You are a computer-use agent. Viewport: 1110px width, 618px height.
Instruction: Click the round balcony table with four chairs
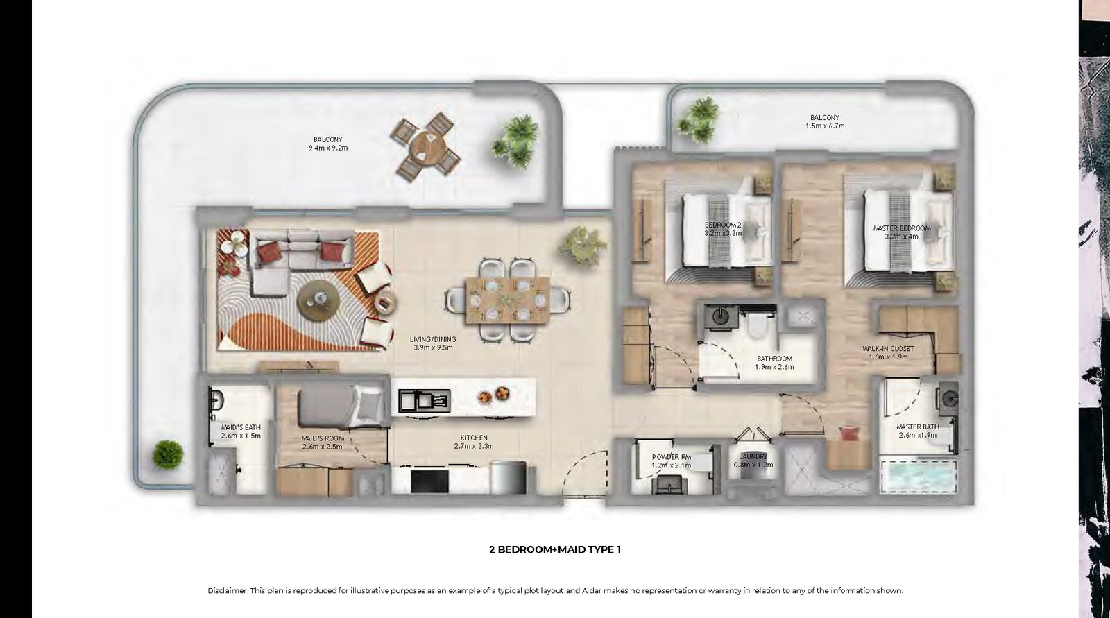[x=426, y=146]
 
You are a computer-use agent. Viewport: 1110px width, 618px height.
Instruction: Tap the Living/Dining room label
[x=433, y=343]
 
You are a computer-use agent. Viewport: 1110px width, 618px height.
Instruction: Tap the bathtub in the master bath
[x=918, y=477]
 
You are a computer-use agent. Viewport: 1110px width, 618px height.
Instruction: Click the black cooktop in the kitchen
[x=429, y=481]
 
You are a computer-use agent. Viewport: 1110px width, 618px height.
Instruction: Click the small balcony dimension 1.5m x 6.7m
[x=825, y=126]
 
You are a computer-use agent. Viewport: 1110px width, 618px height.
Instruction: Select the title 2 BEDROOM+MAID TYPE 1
[x=554, y=549]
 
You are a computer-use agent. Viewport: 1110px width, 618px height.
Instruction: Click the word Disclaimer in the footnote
[x=227, y=590]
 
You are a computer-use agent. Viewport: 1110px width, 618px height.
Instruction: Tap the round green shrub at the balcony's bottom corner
[x=167, y=454]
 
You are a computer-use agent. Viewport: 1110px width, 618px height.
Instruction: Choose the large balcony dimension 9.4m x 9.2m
[x=328, y=148]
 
